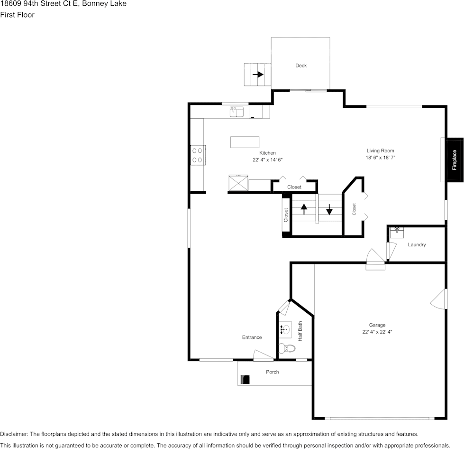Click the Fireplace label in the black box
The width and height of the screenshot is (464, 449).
point(455,160)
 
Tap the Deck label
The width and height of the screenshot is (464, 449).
point(301,65)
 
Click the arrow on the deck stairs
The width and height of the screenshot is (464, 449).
point(258,75)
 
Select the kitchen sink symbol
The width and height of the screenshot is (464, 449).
point(237,112)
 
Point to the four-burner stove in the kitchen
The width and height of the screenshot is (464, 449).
point(197,155)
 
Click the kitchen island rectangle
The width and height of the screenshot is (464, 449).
point(245,142)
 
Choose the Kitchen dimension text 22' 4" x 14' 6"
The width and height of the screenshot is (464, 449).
point(267,160)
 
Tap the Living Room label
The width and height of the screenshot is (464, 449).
point(380,150)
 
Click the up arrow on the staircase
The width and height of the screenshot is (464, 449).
point(304,209)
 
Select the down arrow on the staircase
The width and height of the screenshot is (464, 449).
point(329,209)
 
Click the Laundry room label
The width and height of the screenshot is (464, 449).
point(417,244)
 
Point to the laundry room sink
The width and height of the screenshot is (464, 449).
point(397,233)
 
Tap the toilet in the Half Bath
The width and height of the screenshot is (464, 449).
point(287,348)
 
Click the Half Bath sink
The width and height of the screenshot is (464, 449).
point(285,328)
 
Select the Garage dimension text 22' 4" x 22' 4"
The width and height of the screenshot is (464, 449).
point(377,332)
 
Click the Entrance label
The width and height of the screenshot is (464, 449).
point(252,337)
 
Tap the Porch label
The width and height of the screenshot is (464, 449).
point(272,372)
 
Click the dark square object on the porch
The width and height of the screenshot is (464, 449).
point(245,380)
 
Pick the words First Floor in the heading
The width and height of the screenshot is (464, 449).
point(17,15)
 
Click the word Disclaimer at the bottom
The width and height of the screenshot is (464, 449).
point(14,434)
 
